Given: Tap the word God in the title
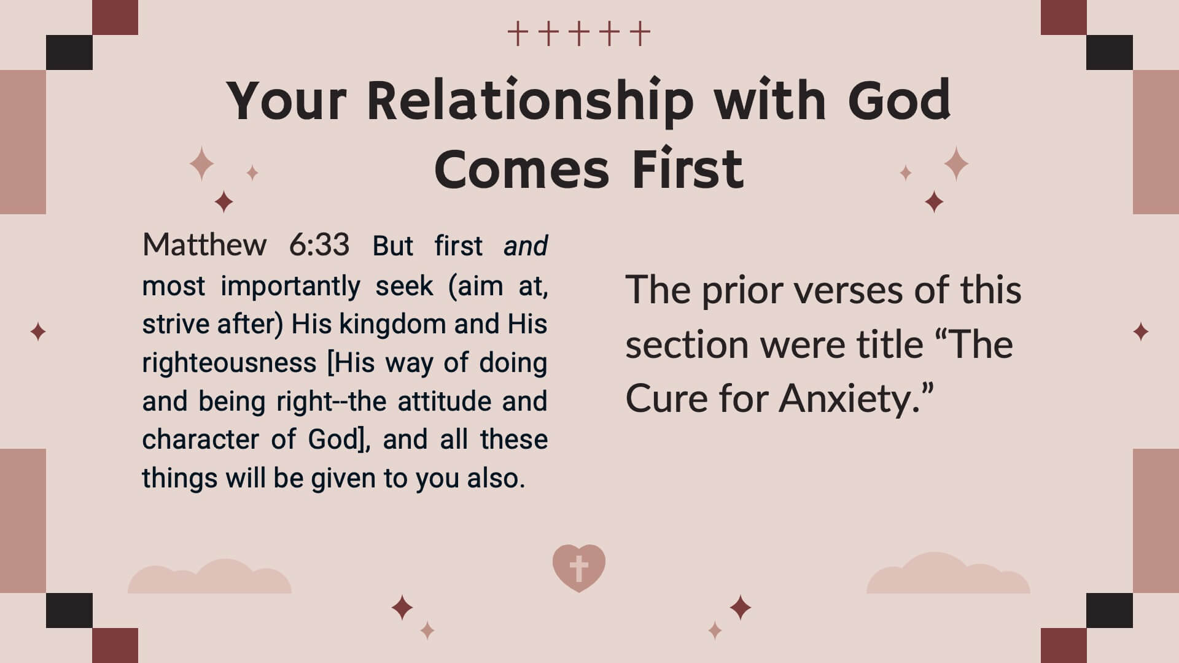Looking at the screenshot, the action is [x=900, y=99].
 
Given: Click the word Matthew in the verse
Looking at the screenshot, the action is [x=204, y=245].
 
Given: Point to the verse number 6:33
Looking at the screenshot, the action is [x=319, y=245].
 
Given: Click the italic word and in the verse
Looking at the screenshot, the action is [x=526, y=246].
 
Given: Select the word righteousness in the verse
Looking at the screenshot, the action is [x=229, y=363].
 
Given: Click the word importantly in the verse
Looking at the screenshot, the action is [x=290, y=286].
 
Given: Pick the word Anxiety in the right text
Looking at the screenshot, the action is [x=850, y=399].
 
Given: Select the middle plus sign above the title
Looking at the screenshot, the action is [x=579, y=34].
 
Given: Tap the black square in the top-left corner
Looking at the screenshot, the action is [x=69, y=52].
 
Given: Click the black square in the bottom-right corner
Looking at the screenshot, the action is [x=1110, y=610].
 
